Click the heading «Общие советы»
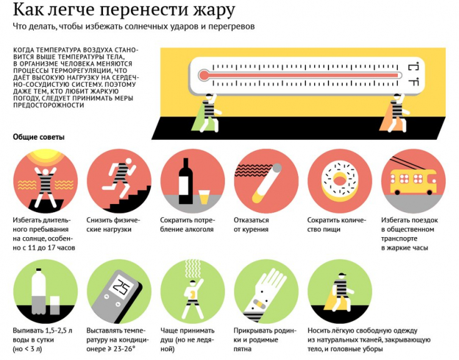[39, 137]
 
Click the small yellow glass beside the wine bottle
[203, 196]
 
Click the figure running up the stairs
[118, 175]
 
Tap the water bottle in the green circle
[38, 291]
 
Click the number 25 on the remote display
[122, 287]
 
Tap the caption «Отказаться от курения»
[252, 225]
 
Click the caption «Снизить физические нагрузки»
[114, 225]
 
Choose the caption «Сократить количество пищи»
[336, 225]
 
